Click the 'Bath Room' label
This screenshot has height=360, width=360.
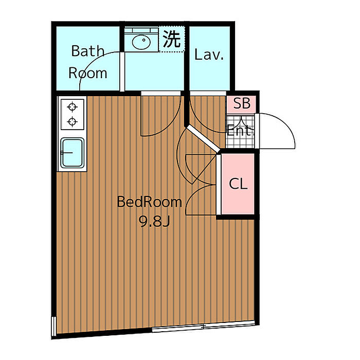click(x=88, y=62)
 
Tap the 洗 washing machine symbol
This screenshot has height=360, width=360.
click(x=172, y=40)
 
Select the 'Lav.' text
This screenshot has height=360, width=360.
click(x=209, y=55)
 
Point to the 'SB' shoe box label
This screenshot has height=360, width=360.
click(x=241, y=103)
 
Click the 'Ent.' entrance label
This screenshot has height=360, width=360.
click(x=241, y=131)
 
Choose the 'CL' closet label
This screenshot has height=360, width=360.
click(x=238, y=184)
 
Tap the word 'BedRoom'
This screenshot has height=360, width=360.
click(x=149, y=202)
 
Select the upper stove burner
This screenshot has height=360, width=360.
click(x=73, y=107)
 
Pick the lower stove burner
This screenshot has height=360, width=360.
click(x=73, y=122)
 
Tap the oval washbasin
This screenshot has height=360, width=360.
click(x=140, y=41)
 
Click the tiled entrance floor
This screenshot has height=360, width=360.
click(x=241, y=141)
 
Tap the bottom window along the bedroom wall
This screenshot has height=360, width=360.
click(x=204, y=326)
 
